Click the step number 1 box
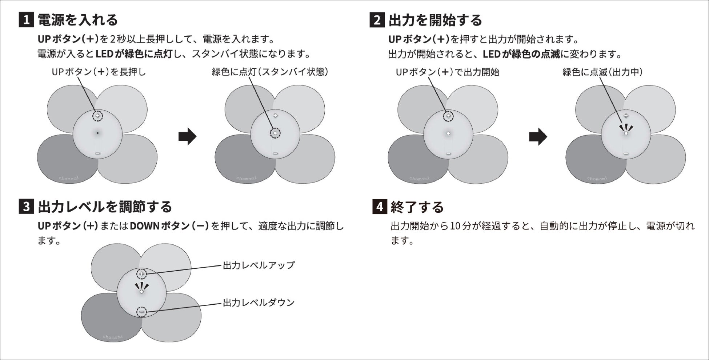coord(26,20)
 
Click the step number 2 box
coord(377,20)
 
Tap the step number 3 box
coord(26,207)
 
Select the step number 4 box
coord(380,207)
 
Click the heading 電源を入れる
coord(78,20)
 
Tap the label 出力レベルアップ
coord(259,265)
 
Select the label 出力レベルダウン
coord(259,303)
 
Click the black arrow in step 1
coord(187,137)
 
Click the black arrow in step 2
coord(538,137)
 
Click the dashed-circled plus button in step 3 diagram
coord(142,274)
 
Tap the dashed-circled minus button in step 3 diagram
coord(142,312)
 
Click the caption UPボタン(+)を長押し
coord(99,72)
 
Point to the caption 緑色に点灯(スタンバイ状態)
coord(270,72)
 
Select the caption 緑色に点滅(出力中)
coord(602,72)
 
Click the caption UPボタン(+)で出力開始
coord(447,72)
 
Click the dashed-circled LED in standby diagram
coord(275,133)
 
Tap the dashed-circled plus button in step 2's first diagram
coord(448,116)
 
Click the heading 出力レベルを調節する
coord(105,207)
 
